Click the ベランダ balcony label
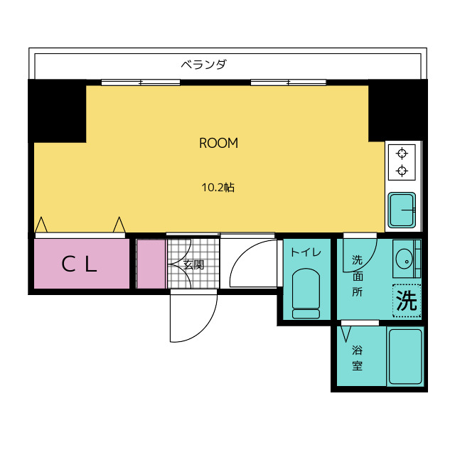tap(204, 64)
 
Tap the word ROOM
tap(218, 143)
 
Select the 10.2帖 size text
tap(218, 188)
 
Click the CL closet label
tap(79, 264)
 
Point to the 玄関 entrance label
tap(193, 264)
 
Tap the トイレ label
tap(306, 252)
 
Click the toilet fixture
tap(306, 293)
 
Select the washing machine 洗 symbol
tap(407, 301)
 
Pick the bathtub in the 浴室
tap(405, 356)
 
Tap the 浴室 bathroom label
tap(357, 358)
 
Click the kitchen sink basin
tap(402, 210)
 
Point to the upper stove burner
tap(402, 153)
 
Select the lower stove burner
tap(402, 171)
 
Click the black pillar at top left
tap(57, 111)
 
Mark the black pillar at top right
tap(398, 110)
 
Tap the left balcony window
tap(141, 82)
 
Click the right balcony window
tap(289, 82)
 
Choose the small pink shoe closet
tap(151, 264)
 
